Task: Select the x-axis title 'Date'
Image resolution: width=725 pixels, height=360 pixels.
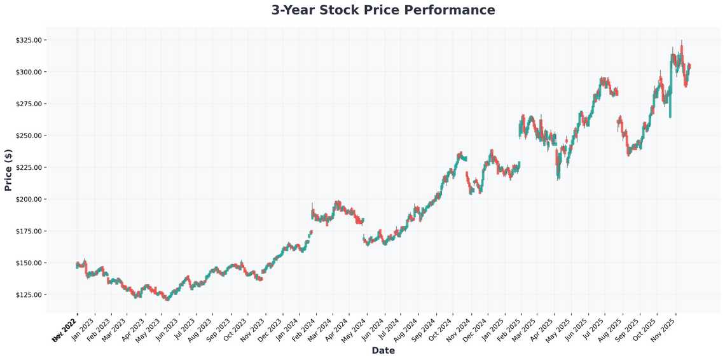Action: [x=383, y=350]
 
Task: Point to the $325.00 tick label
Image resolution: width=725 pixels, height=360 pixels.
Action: [x=29, y=40]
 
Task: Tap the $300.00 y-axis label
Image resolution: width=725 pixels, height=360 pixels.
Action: [x=29, y=72]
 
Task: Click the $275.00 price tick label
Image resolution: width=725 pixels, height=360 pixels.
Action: [x=29, y=104]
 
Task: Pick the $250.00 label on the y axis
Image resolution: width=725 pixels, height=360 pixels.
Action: [x=29, y=135]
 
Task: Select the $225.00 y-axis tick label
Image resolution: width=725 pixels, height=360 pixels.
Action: [x=29, y=167]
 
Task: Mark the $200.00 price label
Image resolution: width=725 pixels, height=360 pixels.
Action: [x=29, y=199]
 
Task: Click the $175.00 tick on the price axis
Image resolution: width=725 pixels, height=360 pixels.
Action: [x=29, y=231]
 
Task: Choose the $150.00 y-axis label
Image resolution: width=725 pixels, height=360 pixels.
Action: [x=29, y=263]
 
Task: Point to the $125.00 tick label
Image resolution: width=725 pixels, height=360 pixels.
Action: [x=29, y=294]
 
